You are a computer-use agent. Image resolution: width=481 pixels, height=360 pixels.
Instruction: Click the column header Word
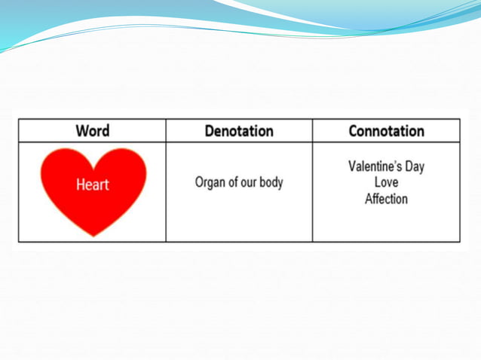[x=92, y=131]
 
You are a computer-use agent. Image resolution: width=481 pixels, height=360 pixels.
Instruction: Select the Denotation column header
[x=239, y=131]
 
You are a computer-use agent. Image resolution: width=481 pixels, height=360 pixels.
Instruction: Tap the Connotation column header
[x=386, y=131]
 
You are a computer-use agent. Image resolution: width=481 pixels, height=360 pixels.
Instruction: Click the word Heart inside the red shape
[x=92, y=185]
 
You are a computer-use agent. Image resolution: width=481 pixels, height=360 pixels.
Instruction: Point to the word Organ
[x=210, y=182]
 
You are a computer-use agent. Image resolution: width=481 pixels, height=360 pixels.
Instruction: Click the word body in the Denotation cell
[x=270, y=182]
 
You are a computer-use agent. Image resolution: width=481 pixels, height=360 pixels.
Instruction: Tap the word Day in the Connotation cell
[x=415, y=166]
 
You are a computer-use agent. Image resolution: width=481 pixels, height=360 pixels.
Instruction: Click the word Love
[x=386, y=183]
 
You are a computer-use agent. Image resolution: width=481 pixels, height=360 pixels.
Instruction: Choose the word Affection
[x=386, y=199]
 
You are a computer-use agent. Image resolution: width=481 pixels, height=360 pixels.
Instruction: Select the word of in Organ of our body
[x=231, y=182]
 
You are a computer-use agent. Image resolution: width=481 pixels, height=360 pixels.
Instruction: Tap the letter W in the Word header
[x=81, y=131]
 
